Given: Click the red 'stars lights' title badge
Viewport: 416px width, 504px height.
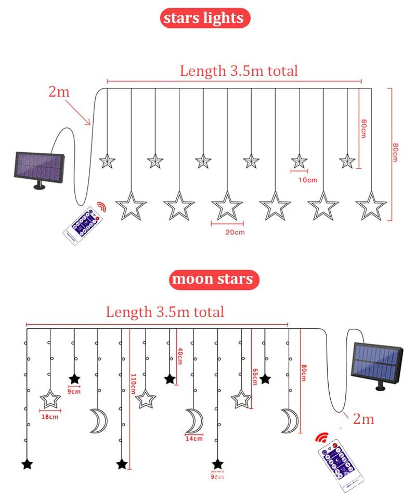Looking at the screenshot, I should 204,19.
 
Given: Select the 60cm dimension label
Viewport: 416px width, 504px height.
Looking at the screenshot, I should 364,128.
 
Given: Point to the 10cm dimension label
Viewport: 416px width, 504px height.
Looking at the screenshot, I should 308,180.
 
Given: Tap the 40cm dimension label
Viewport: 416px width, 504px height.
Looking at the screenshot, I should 180,357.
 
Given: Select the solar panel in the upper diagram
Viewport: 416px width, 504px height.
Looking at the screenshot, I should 38,168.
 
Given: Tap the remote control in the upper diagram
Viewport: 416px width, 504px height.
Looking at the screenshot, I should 83,223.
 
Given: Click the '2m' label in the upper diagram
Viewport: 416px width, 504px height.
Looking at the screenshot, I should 59,92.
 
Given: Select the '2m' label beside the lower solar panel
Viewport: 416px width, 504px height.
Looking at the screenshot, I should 363,419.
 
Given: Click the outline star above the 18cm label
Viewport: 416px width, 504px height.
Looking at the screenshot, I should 50,399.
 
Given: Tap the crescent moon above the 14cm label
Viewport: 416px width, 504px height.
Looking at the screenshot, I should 194,420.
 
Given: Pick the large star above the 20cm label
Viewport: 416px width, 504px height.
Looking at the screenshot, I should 227,206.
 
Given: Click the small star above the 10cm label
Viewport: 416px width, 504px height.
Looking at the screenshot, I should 299,161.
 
